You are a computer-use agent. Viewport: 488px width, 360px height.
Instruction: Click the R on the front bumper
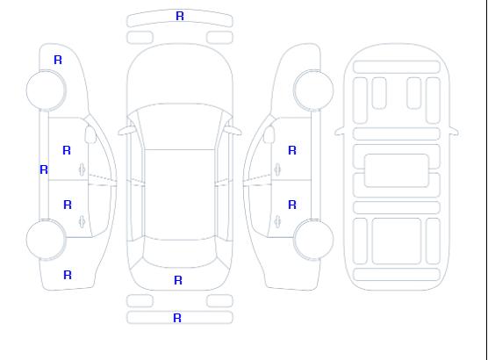(180, 16)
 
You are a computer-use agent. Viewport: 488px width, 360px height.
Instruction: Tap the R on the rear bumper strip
(177, 318)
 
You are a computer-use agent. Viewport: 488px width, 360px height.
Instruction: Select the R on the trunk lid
(178, 280)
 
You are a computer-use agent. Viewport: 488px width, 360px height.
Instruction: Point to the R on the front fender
(58, 60)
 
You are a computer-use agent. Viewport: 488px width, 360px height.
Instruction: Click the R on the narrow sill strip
(44, 169)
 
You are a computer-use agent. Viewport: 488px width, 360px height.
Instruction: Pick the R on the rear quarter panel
(68, 275)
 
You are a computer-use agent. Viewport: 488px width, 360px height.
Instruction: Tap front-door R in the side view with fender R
(67, 150)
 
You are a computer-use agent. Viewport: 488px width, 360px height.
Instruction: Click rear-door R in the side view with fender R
(68, 205)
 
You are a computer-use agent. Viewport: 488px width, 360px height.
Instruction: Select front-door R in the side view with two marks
(292, 150)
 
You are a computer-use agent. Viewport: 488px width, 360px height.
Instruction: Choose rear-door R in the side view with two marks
(292, 205)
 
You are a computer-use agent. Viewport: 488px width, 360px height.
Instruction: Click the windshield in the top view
(180, 126)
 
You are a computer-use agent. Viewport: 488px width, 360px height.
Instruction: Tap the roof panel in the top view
(180, 195)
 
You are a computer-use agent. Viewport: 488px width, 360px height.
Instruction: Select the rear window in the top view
(180, 253)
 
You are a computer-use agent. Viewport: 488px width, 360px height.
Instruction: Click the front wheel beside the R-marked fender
(46, 90)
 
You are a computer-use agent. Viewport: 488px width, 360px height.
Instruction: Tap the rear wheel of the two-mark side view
(313, 239)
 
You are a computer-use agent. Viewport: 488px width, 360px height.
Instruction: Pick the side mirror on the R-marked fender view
(90, 134)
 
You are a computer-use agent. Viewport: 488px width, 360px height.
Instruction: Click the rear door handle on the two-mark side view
(277, 221)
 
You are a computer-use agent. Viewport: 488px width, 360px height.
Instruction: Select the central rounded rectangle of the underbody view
(397, 170)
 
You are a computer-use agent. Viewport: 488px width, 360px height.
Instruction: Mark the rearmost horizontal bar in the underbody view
(397, 274)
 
